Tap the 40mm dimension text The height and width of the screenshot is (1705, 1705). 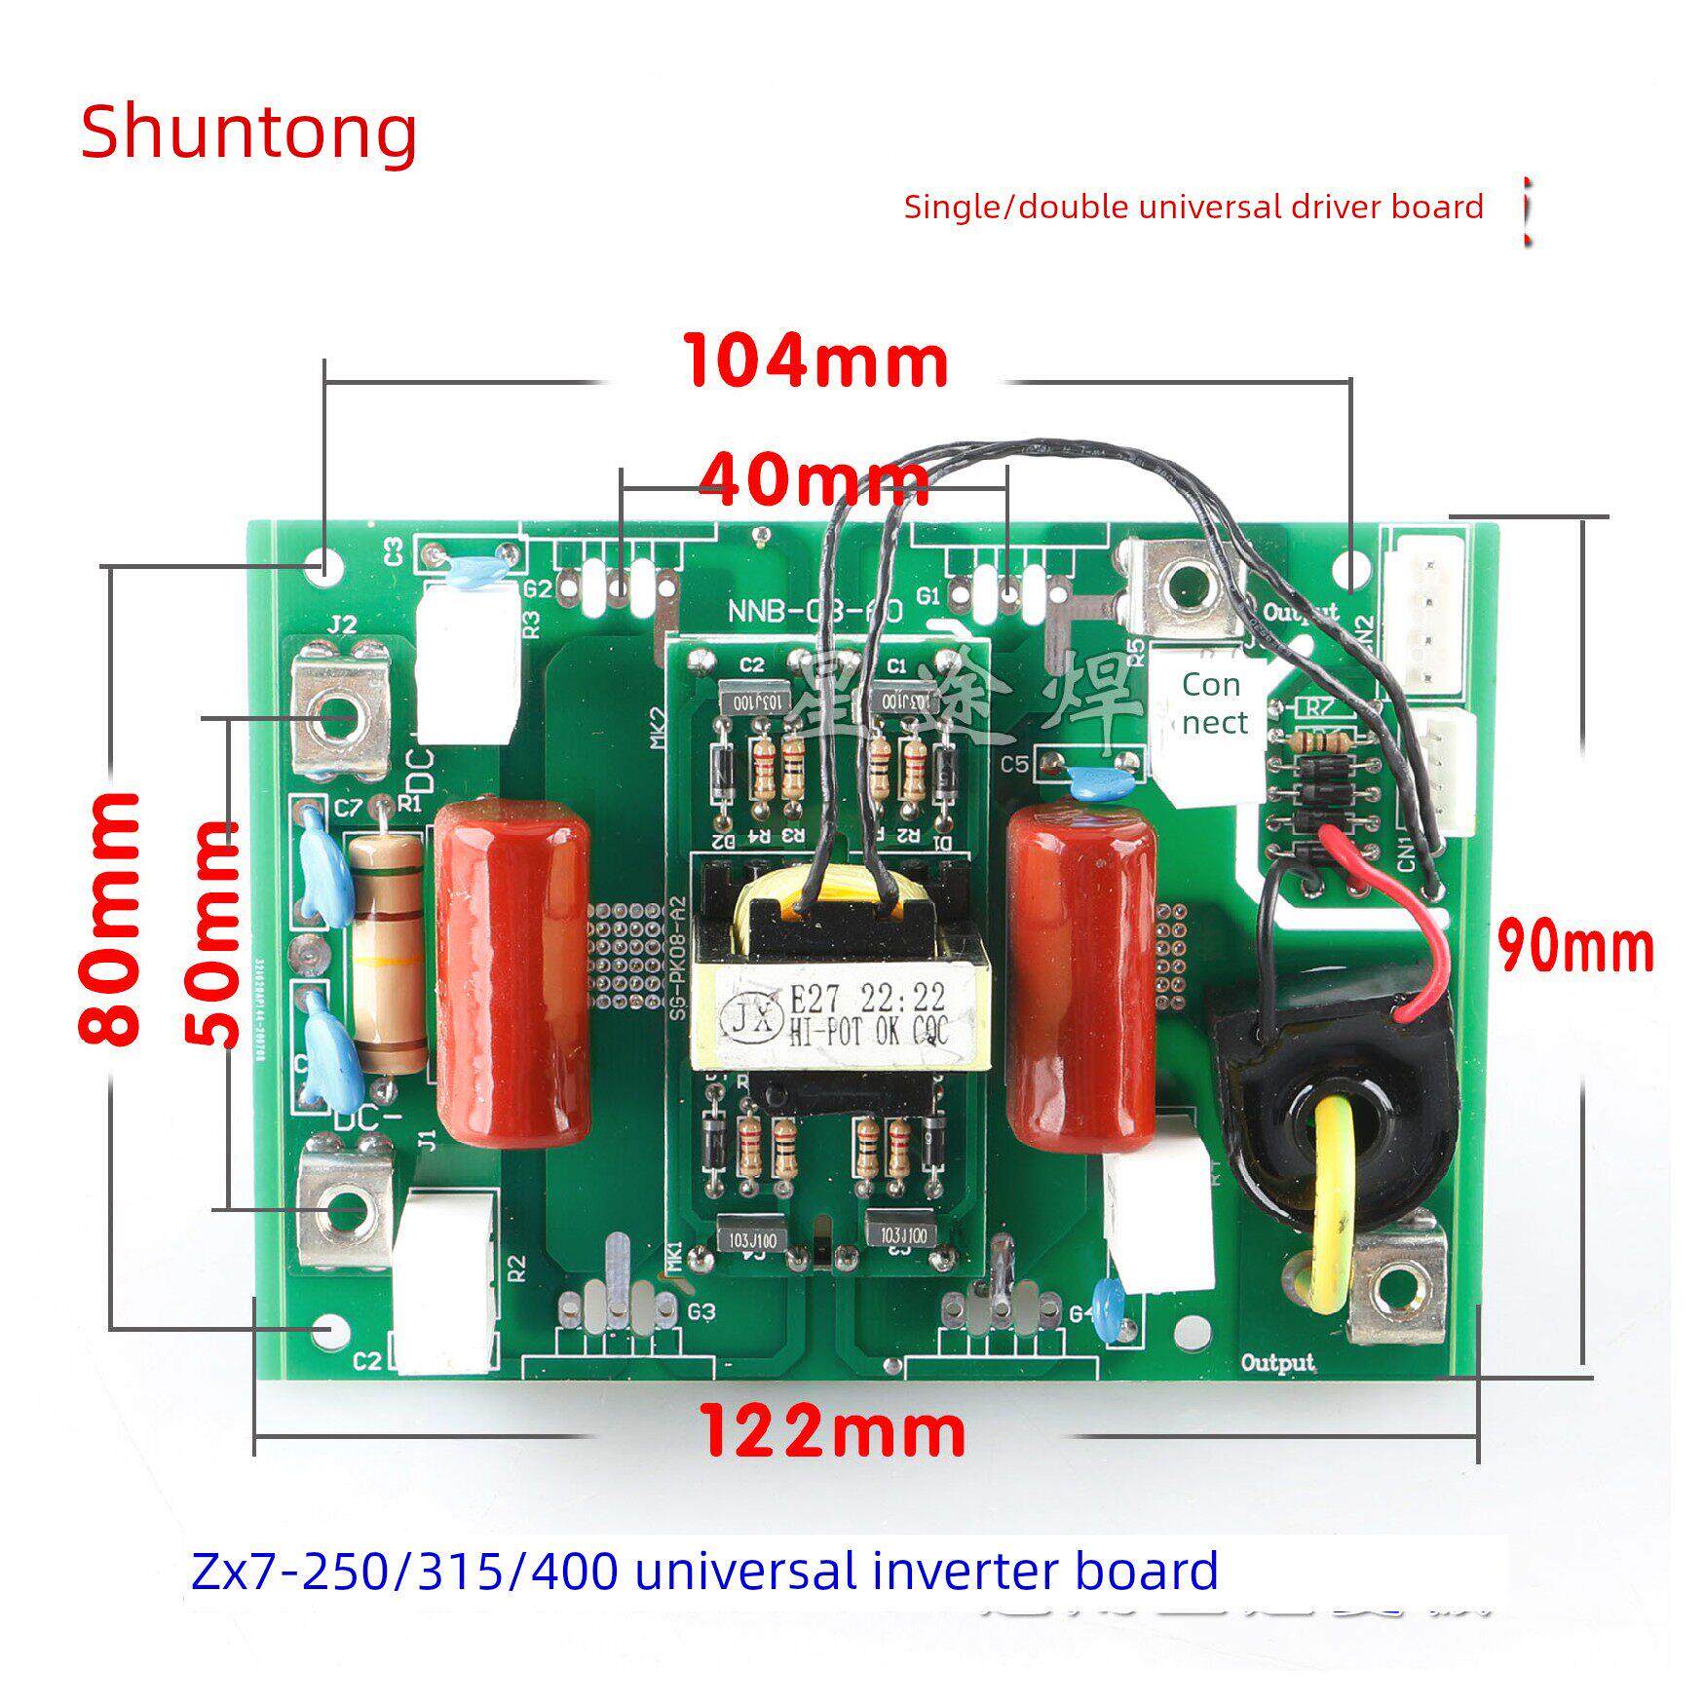(x=815, y=479)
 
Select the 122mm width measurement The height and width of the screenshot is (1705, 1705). (x=834, y=1431)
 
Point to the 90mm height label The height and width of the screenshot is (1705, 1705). (x=1575, y=947)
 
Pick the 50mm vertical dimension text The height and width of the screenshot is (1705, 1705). (x=213, y=933)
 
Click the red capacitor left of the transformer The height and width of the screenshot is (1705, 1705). (x=512, y=978)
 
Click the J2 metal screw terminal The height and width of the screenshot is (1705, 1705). (x=340, y=708)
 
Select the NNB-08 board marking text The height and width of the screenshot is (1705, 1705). (x=815, y=613)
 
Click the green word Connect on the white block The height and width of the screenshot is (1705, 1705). (x=1212, y=703)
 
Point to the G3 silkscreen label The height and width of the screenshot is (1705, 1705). (x=701, y=1311)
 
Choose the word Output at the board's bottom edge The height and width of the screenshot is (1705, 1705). (x=1276, y=1362)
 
